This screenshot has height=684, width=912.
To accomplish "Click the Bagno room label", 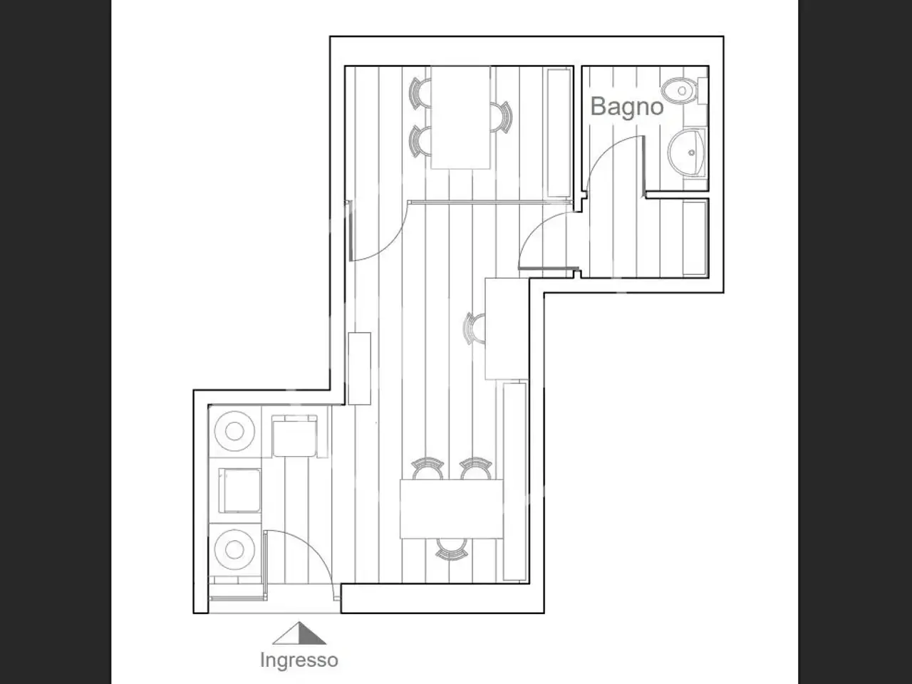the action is tap(626, 108).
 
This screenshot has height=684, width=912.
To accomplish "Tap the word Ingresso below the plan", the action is tap(299, 660).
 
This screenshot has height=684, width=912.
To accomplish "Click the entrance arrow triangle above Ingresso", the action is tap(299, 633).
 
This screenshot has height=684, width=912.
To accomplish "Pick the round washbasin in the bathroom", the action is tap(686, 152).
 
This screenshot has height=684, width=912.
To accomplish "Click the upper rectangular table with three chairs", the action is tap(460, 118).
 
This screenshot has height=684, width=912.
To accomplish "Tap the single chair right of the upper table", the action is tap(501, 117).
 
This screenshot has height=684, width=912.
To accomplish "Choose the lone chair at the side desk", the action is tap(475, 328).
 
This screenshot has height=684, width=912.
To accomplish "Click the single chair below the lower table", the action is tap(452, 549).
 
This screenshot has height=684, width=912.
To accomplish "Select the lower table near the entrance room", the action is tap(452, 509).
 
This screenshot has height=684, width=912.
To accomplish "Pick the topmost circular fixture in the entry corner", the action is tap(234, 431).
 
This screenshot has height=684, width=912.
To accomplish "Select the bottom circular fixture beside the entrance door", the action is tap(234, 550).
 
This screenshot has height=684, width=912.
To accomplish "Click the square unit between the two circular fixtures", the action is tap(239, 490).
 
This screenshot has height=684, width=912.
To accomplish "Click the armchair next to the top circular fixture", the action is tap(294, 436).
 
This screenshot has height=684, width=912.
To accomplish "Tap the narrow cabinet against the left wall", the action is tap(359, 368).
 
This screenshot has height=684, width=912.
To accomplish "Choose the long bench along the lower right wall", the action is tap(515, 482).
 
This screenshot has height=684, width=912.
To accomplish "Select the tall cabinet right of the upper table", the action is tap(559, 133).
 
